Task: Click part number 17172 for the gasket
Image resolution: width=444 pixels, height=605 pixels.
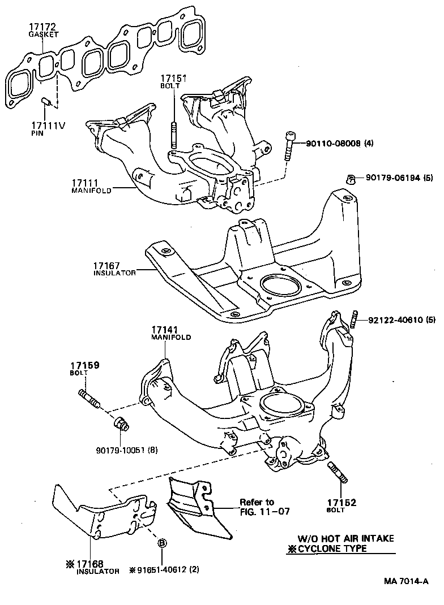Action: pyautogui.click(x=41, y=27)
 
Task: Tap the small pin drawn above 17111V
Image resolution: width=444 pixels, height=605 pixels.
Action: pyautogui.click(x=48, y=102)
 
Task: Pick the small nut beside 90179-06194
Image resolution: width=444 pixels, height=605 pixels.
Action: pyautogui.click(x=351, y=180)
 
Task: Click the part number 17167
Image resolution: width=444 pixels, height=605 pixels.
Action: pyautogui.click(x=107, y=265)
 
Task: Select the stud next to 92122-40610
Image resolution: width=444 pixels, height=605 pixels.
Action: pyautogui.click(x=354, y=319)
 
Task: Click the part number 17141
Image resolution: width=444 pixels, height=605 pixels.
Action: pyautogui.click(x=165, y=330)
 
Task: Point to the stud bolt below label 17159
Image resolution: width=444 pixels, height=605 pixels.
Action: pyautogui.click(x=91, y=397)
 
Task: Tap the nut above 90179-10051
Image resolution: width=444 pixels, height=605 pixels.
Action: pyautogui.click(x=121, y=424)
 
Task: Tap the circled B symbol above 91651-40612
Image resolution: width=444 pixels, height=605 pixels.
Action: pyautogui.click(x=161, y=543)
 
